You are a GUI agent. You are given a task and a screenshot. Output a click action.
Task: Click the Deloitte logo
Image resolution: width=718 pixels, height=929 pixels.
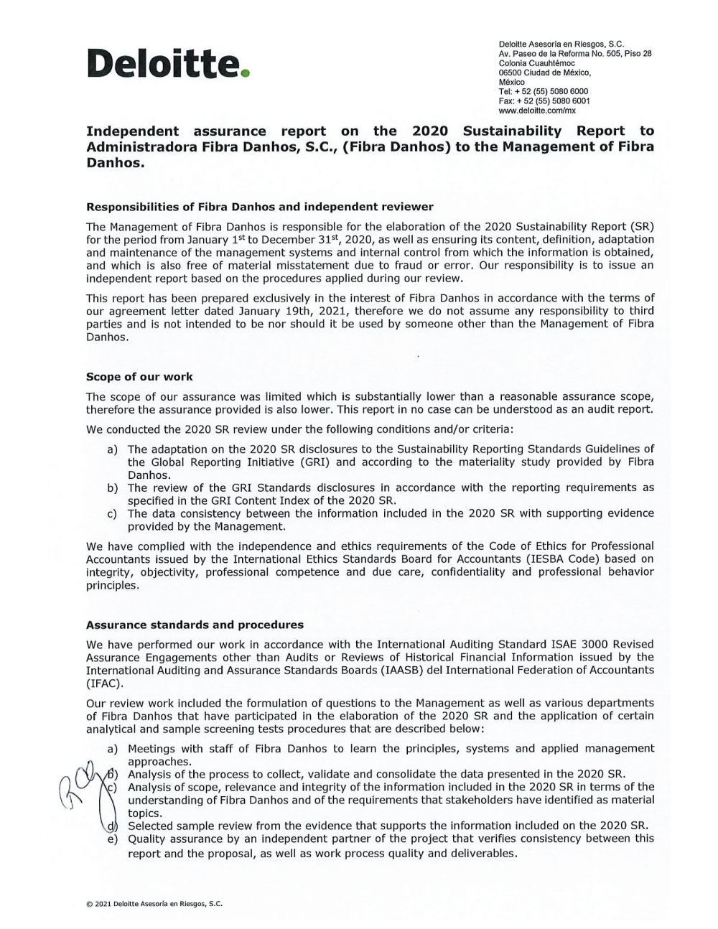[x=168, y=65]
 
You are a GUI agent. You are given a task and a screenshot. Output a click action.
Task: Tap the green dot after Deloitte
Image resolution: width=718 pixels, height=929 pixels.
[x=246, y=73]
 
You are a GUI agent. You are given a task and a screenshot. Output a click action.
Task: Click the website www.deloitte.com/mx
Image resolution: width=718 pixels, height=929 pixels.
[x=537, y=111]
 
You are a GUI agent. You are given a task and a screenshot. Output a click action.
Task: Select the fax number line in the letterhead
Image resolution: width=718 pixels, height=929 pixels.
[x=544, y=101]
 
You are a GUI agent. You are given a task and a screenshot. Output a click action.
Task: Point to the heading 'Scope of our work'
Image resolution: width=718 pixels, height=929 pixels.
[x=139, y=376]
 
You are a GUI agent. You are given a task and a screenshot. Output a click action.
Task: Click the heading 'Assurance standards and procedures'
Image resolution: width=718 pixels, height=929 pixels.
[x=195, y=625]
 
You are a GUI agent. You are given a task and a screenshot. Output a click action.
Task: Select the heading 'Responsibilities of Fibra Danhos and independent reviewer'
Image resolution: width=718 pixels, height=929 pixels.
[x=260, y=207]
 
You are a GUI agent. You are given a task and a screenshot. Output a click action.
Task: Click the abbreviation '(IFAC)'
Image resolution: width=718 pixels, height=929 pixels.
[x=103, y=683]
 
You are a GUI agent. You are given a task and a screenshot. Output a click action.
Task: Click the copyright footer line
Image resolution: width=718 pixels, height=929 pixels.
[x=154, y=904]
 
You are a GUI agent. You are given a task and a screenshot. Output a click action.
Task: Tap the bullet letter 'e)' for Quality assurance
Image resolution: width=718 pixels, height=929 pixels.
[x=113, y=839]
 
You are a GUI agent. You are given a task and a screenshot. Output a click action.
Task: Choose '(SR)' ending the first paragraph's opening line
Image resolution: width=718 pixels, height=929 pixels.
[x=641, y=226]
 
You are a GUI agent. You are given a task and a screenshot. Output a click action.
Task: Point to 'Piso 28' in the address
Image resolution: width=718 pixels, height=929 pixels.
[x=637, y=55]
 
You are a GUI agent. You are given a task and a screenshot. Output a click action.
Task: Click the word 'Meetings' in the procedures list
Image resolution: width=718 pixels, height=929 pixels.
[x=151, y=748]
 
